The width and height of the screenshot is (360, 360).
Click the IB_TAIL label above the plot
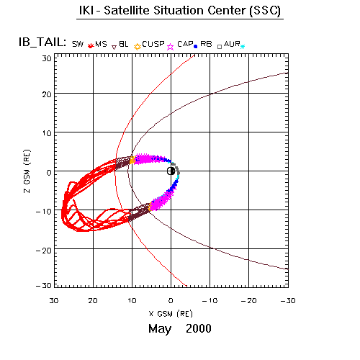(42, 42)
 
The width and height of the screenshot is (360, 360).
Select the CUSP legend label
(153, 44)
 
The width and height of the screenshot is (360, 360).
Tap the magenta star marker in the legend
(170, 47)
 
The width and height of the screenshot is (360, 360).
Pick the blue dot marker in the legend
(195, 47)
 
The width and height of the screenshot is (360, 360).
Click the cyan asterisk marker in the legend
(243, 47)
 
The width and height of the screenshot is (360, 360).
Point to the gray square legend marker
(220, 47)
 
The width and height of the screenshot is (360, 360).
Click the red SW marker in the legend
(90, 45)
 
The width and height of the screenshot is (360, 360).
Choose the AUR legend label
(232, 44)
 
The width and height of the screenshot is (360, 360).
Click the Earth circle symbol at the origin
(171, 171)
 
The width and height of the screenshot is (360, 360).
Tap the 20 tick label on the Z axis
(47, 94)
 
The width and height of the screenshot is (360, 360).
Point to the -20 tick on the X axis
(248, 301)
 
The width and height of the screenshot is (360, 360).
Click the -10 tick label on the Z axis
(44, 212)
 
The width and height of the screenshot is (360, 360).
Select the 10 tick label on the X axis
(132, 301)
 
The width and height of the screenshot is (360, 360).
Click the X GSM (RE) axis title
(171, 314)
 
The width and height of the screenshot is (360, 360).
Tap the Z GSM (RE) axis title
(27, 171)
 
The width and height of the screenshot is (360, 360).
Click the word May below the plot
(160, 329)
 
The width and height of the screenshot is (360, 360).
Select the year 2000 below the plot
(199, 328)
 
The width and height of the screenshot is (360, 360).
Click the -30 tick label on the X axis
(288, 301)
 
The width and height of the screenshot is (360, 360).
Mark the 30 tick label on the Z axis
(47, 58)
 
